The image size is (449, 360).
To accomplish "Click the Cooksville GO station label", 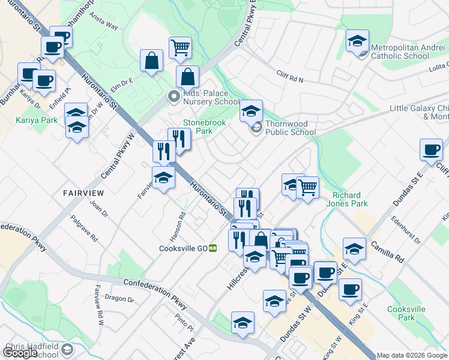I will tap(183, 248).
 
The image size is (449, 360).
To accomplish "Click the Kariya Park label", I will tap(37, 120).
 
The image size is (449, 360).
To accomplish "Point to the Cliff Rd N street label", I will tap(291, 76).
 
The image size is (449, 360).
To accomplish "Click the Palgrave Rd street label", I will tap(85, 229).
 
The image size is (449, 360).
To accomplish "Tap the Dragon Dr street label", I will tap(119, 298).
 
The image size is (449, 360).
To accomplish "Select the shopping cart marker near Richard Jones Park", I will tap(307, 187).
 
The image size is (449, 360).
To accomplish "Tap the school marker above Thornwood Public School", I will tap(251, 111).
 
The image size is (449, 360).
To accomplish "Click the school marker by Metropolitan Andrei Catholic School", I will tap(357, 41).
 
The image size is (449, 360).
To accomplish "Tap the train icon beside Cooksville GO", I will tap(212, 248).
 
